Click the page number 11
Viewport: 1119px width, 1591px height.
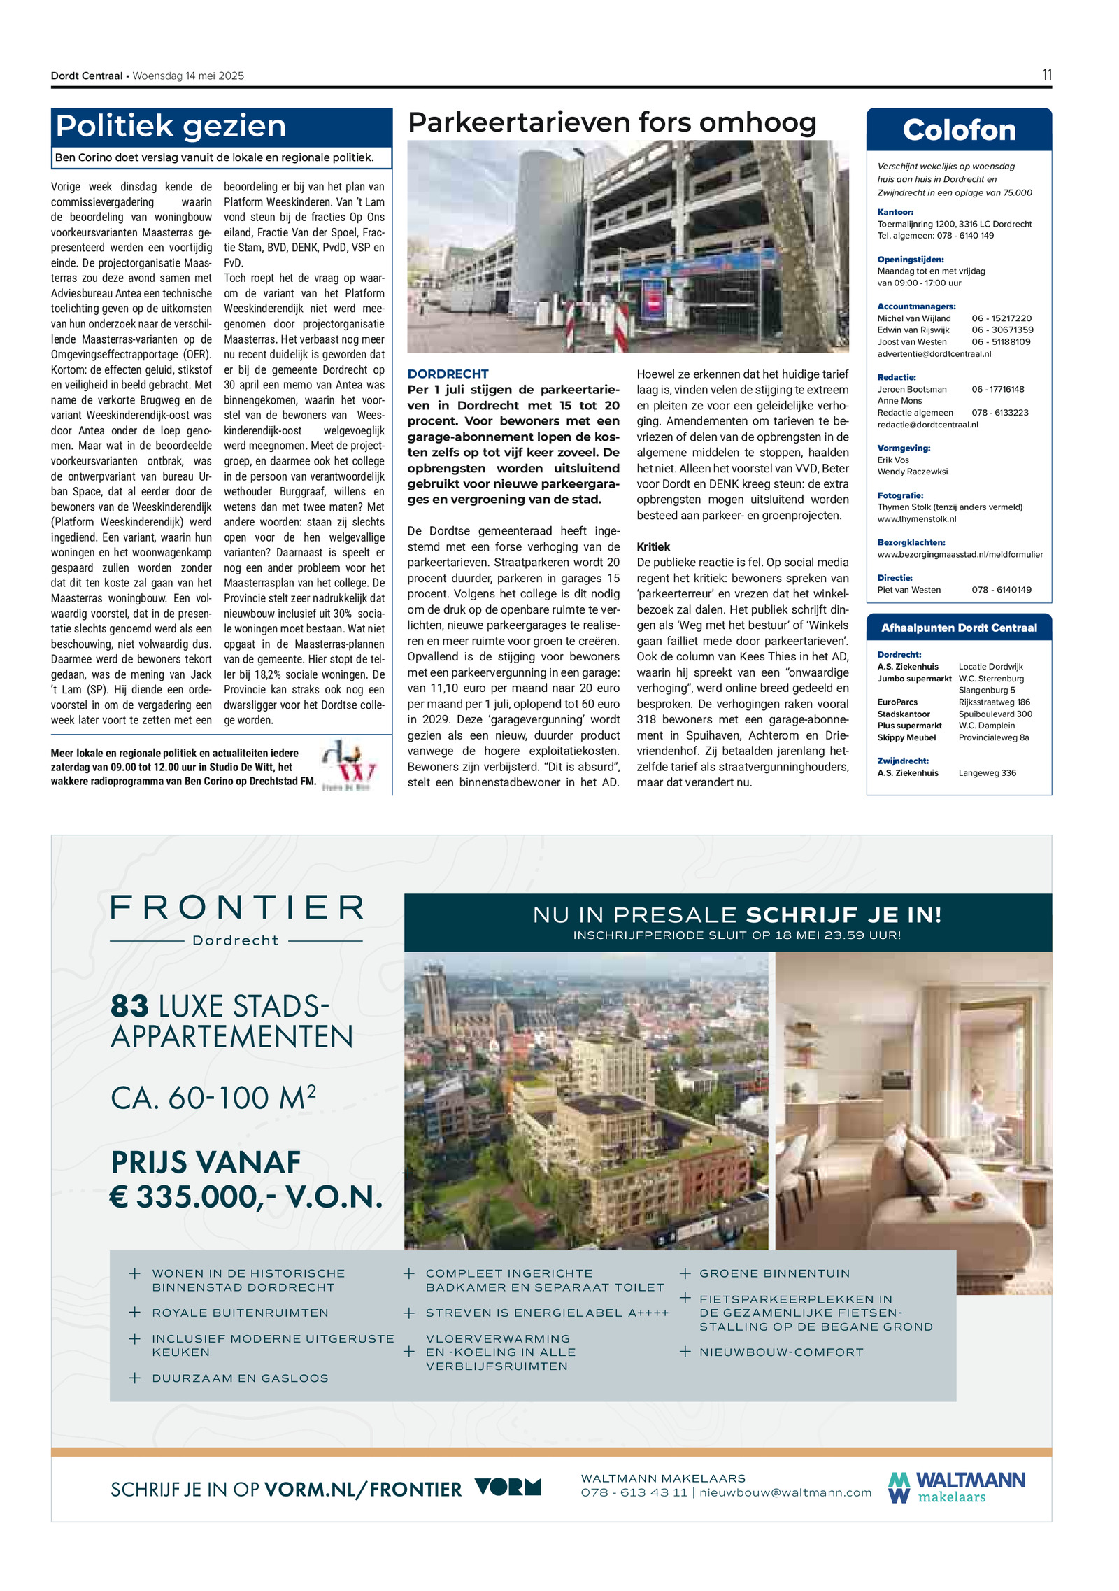pos(1046,75)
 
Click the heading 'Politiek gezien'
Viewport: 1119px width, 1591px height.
pos(171,127)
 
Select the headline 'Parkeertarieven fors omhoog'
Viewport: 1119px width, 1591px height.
pos(611,122)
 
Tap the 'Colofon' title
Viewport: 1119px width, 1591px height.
pos(958,130)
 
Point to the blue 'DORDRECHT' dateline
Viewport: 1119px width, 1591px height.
pos(448,374)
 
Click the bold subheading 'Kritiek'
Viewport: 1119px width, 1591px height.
pos(653,546)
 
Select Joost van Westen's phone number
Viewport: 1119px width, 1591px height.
pos(1000,341)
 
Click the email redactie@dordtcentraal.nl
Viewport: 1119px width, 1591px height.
pos(927,424)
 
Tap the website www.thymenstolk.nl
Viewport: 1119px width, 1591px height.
pos(916,518)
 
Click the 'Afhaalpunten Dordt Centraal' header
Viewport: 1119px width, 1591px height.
pos(958,628)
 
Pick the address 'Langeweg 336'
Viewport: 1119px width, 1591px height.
pos(987,772)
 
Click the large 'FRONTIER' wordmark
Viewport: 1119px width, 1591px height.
pos(237,907)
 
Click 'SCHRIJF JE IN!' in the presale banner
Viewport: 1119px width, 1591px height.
pos(843,914)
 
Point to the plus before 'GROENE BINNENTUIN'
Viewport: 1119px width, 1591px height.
pos(685,1273)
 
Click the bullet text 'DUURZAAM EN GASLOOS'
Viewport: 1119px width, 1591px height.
pos(240,1378)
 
